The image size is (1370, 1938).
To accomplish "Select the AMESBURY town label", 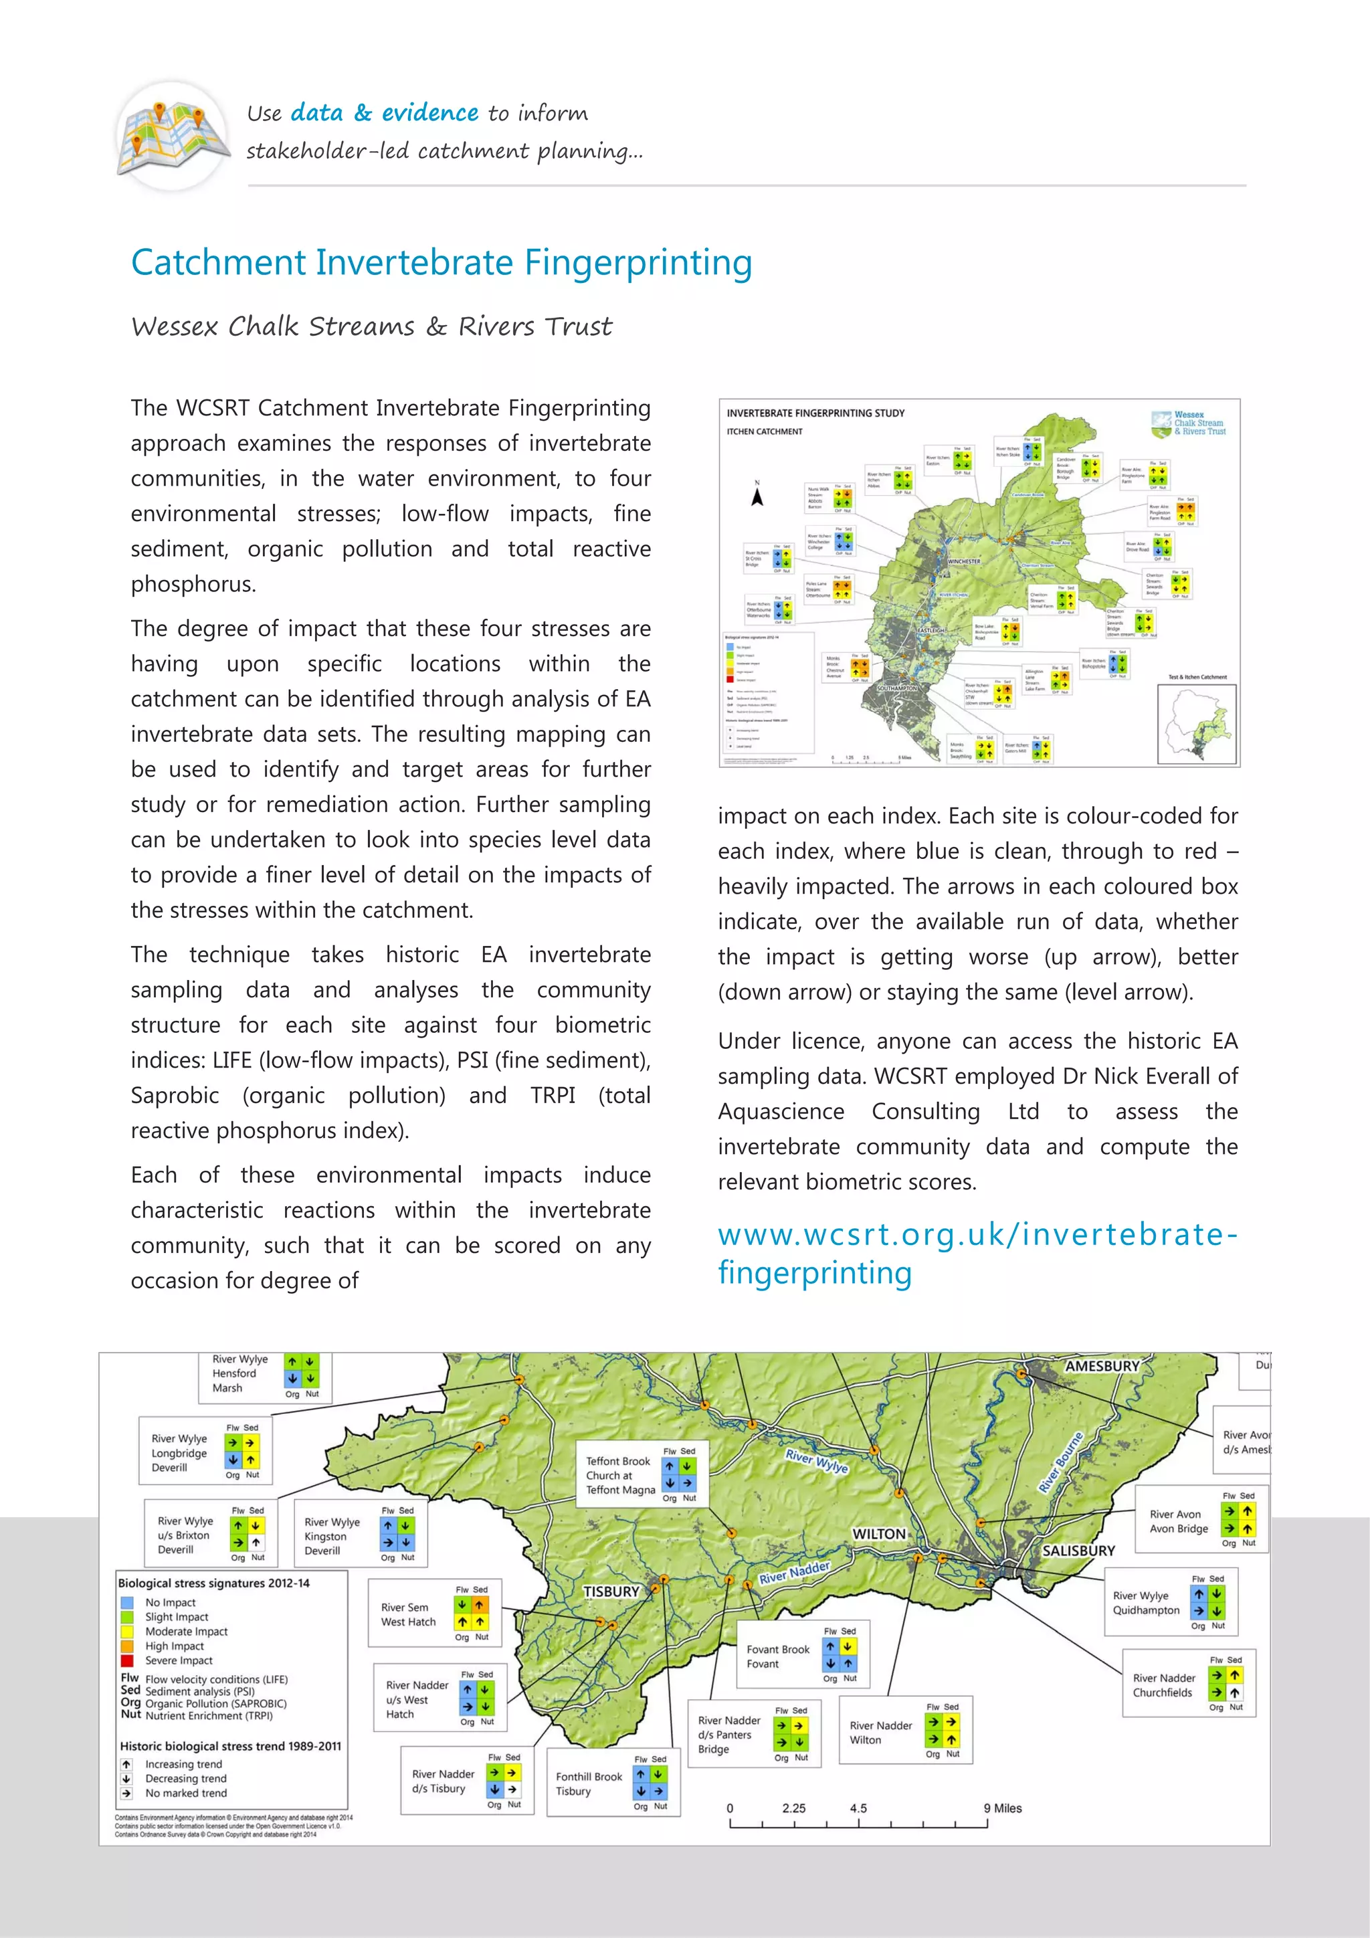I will pos(1102,1366).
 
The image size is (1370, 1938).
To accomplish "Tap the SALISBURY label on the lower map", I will pos(1078,1551).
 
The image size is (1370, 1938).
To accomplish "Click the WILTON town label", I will pos(879,1534).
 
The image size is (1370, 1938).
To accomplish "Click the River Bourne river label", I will pos(1060,1462).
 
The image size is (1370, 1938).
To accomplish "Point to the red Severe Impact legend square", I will pos(128,1660).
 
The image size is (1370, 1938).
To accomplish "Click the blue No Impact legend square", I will pos(128,1602).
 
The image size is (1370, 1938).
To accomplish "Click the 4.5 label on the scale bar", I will pos(858,1808).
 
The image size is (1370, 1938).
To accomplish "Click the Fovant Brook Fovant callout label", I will pos(777,1656).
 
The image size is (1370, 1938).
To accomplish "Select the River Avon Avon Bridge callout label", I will pos(1179,1521).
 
